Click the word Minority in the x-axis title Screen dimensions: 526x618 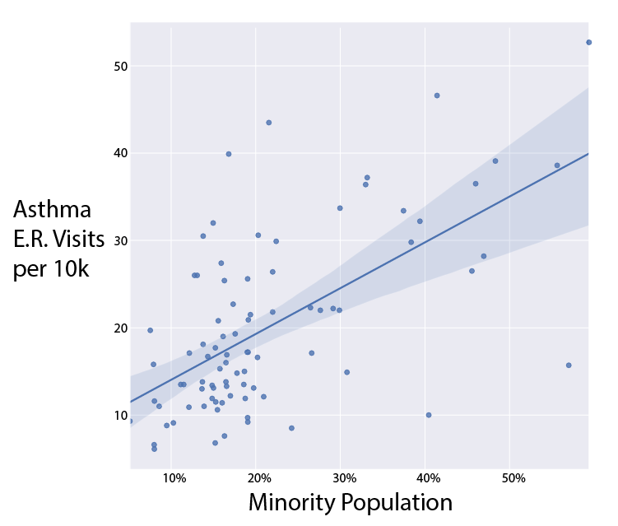pyautogui.click(x=293, y=503)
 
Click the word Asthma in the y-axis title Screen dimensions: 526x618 pyautogui.click(x=52, y=209)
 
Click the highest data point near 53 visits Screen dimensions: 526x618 pyautogui.click(x=588, y=42)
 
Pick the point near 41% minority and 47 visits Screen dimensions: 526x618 pyautogui.click(x=437, y=95)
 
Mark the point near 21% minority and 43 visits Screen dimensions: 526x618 pyautogui.click(x=268, y=123)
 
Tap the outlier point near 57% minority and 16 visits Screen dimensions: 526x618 pyautogui.click(x=569, y=365)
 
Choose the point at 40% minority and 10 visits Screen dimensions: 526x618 pyautogui.click(x=429, y=415)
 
